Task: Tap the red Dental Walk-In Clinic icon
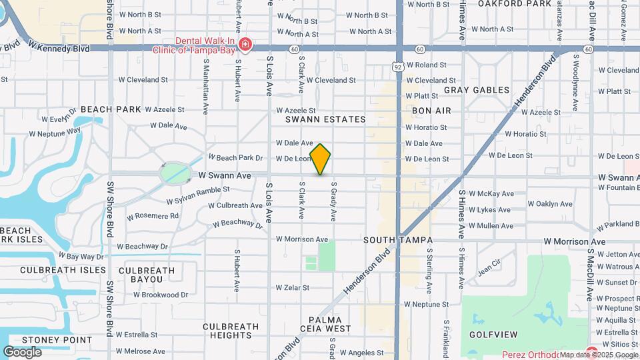(x=245, y=44)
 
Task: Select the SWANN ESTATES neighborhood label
(x=326, y=119)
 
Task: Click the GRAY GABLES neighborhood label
(x=477, y=90)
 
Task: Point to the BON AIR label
(x=431, y=111)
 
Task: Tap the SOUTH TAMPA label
(x=407, y=240)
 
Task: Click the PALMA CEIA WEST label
(x=330, y=324)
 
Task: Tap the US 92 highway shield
(x=398, y=66)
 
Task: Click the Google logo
(x=22, y=352)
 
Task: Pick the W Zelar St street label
(x=293, y=288)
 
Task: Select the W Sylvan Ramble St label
(x=197, y=195)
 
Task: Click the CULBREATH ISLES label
(x=63, y=270)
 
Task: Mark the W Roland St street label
(x=427, y=65)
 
